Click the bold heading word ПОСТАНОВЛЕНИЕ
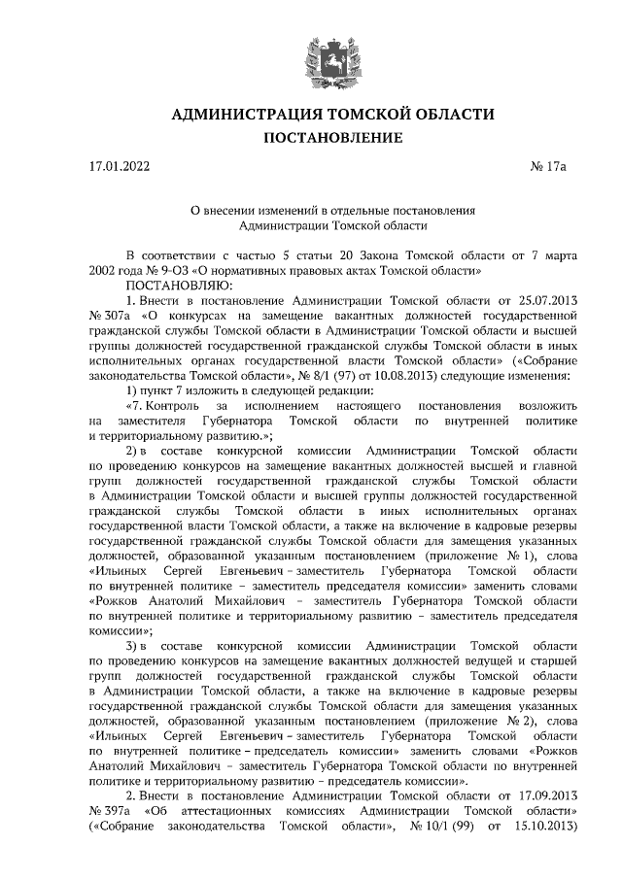pyautogui.click(x=332, y=138)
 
